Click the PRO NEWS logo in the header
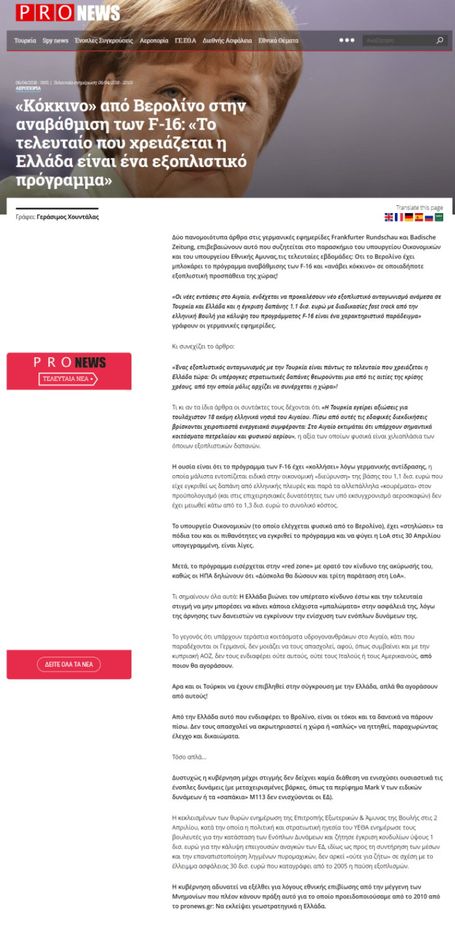[x=68, y=13]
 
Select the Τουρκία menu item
[x=25, y=41]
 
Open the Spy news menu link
[x=55, y=41]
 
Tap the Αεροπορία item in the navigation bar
[x=154, y=41]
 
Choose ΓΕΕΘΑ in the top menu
[x=185, y=41]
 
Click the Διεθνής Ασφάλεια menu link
[x=227, y=41]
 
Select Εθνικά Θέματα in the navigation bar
[x=278, y=41]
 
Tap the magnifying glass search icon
[x=440, y=41]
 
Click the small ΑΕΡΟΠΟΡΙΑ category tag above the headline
[x=28, y=89]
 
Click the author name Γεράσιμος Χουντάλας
[x=68, y=217]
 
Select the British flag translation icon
[x=389, y=217]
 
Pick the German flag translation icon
[x=409, y=217]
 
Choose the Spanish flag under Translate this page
[x=418, y=217]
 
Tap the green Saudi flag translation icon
[x=439, y=217]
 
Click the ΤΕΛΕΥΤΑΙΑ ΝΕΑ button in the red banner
[x=69, y=379]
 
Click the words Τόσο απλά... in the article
[x=189, y=757]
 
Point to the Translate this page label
[x=419, y=208]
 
